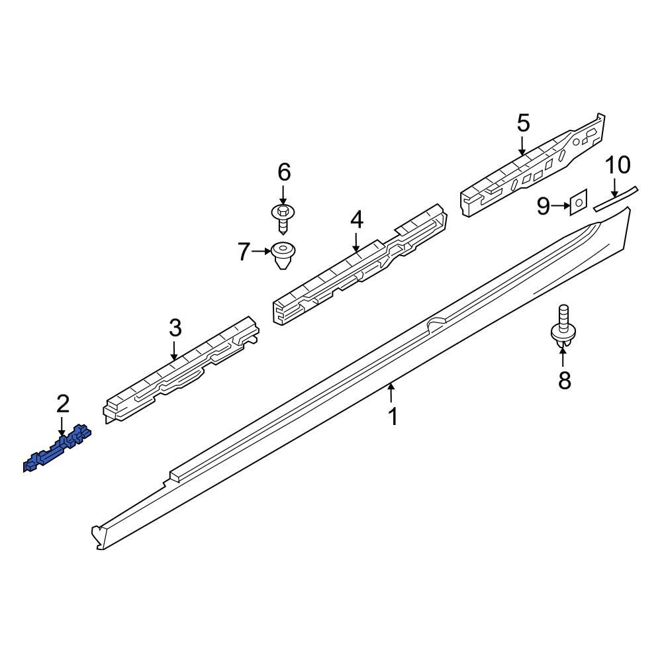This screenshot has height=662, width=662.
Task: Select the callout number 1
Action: [393, 417]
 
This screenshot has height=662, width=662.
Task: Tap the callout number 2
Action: [62, 402]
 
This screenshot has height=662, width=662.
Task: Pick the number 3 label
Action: [175, 327]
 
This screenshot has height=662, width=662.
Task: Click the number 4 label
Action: [357, 220]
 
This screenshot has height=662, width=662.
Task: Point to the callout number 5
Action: [523, 122]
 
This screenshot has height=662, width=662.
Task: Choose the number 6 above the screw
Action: [283, 173]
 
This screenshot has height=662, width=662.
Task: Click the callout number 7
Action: [244, 252]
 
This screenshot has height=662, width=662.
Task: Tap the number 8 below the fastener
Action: [564, 380]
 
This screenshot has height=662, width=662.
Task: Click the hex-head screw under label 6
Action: [283, 218]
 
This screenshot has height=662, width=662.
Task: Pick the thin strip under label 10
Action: [616, 197]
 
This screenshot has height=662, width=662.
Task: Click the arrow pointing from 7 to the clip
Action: [261, 252]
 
